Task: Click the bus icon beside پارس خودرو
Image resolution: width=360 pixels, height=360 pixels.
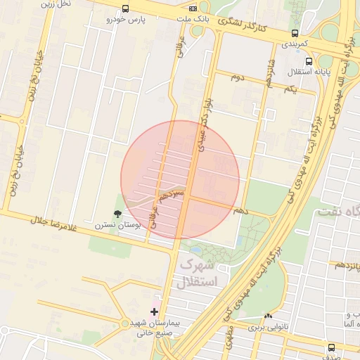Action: coord(125,9)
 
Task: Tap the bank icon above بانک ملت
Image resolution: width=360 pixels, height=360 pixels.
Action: coord(193,9)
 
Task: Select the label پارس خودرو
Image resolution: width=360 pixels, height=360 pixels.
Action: coord(125,20)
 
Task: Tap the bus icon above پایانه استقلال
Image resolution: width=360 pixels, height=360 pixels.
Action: coord(309,61)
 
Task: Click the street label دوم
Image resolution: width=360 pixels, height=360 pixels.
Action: coord(238,76)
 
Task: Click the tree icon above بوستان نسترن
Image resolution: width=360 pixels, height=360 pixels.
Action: coord(117,214)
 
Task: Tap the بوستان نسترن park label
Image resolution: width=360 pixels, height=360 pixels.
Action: coord(118,225)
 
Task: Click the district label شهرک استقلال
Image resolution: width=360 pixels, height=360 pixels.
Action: coord(198,274)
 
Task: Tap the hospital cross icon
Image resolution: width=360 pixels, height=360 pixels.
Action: coord(155,311)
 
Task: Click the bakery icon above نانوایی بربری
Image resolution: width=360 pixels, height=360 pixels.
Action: coord(268,316)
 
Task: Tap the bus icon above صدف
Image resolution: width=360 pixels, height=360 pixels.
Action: coord(331,347)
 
